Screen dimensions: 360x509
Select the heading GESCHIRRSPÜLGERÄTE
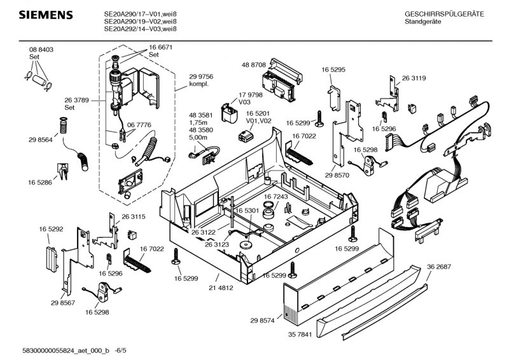coord(444,13)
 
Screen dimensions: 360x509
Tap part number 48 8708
coord(253,65)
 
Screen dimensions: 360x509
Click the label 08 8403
coord(41,50)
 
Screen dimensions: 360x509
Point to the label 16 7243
coord(276,197)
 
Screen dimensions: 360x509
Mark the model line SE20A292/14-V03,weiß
coord(140,29)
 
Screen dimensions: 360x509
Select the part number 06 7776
coord(139,125)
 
